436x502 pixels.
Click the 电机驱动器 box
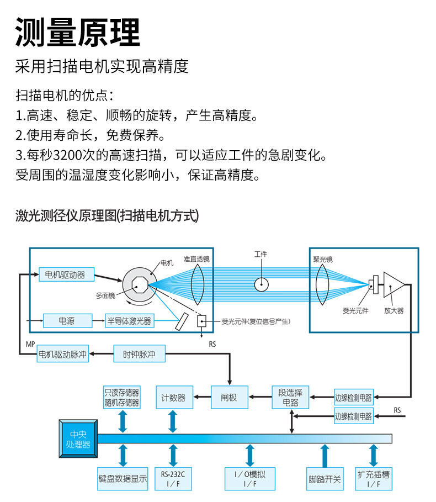(x=66, y=274)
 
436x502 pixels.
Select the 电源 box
(x=66, y=320)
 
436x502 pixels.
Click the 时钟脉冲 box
(x=139, y=353)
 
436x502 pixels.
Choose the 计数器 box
(x=173, y=397)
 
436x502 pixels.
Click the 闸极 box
(x=228, y=397)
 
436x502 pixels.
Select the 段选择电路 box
(x=291, y=397)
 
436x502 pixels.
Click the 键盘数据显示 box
(x=123, y=479)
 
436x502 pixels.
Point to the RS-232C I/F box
(x=173, y=479)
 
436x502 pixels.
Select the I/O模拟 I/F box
(x=250, y=479)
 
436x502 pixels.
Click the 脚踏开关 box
(x=325, y=479)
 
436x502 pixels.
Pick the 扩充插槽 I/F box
(x=374, y=479)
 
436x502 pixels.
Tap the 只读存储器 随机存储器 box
(x=122, y=397)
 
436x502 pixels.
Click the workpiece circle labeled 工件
(x=261, y=284)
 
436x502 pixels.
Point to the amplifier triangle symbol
(x=394, y=284)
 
